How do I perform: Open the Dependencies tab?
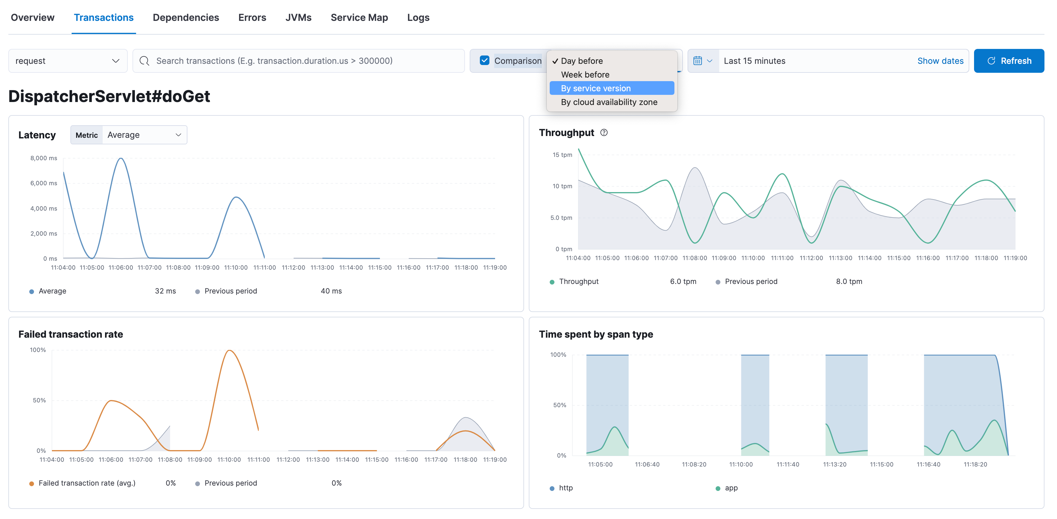coord(186,18)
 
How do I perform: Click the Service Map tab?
coord(359,18)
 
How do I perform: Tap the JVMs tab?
coord(298,18)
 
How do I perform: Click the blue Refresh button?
coord(1009,61)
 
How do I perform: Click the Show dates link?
coord(940,61)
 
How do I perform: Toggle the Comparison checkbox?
coord(485,61)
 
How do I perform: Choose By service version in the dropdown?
coord(595,88)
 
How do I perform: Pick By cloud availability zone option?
coord(609,102)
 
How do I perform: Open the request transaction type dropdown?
coord(68,61)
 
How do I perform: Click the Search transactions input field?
coord(299,61)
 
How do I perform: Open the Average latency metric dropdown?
coord(144,135)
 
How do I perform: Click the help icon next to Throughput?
coord(604,132)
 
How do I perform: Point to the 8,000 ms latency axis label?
coord(44,158)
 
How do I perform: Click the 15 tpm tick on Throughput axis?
coord(562,155)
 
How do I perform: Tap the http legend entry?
coord(566,488)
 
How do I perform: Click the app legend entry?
coord(731,488)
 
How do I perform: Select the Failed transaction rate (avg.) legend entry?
coord(87,483)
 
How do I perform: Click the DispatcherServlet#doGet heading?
coord(109,96)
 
